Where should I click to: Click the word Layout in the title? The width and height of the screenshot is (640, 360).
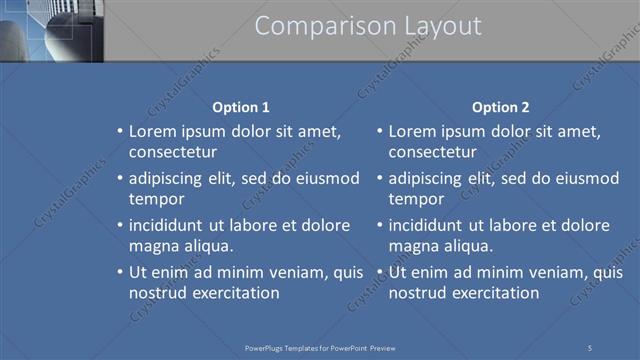pyautogui.click(x=432, y=27)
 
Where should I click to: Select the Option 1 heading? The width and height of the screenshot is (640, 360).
pyautogui.click(x=241, y=107)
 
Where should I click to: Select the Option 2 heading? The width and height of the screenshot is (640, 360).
pyautogui.click(x=500, y=107)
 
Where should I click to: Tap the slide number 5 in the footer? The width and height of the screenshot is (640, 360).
pyautogui.click(x=589, y=347)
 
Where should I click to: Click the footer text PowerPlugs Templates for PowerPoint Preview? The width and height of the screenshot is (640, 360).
pyautogui.click(x=320, y=347)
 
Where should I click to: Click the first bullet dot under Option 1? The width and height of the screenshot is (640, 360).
pyautogui.click(x=120, y=132)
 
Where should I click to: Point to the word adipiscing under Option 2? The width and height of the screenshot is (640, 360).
pyautogui.click(x=423, y=178)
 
